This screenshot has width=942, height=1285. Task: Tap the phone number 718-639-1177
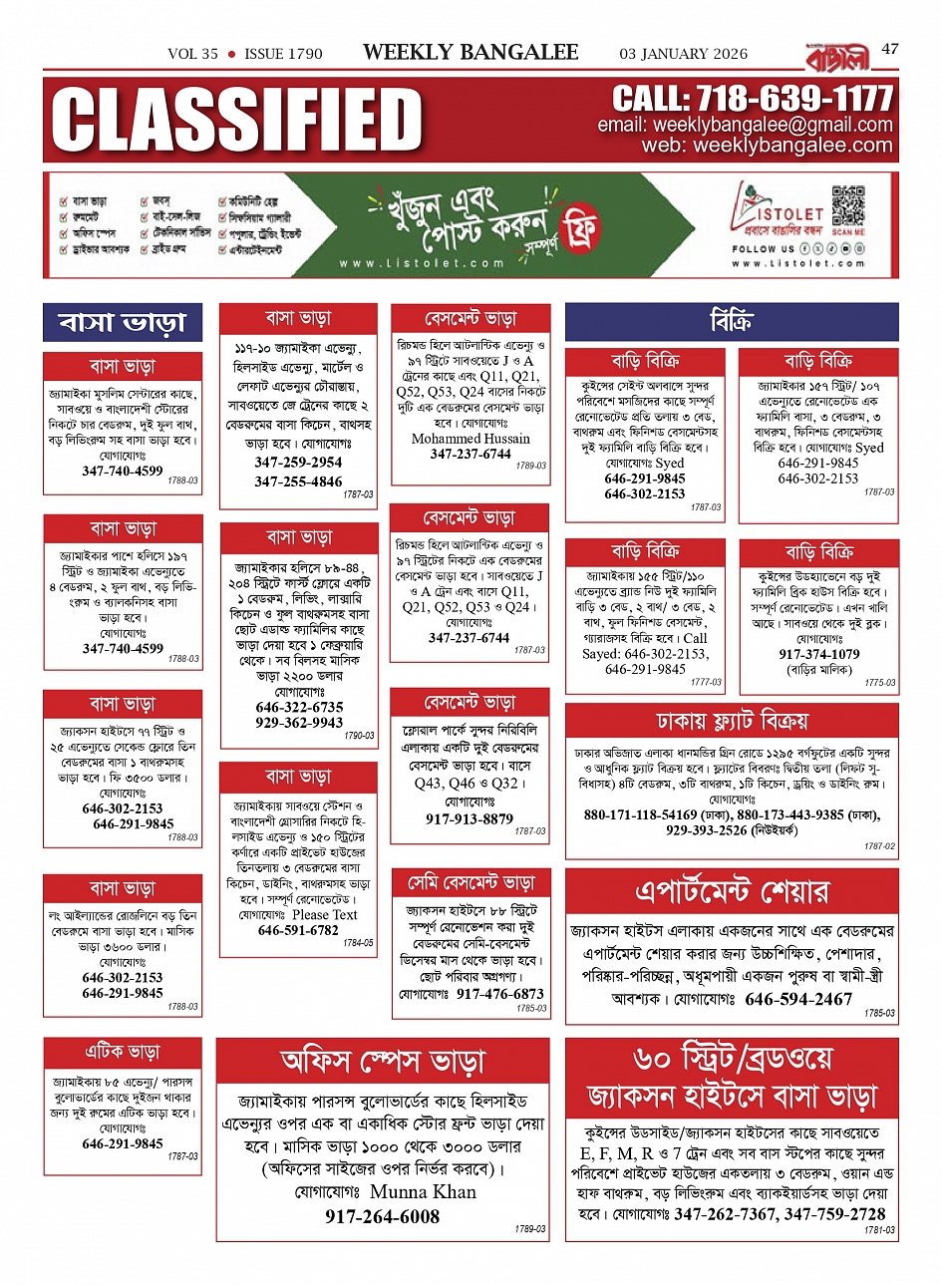click(753, 99)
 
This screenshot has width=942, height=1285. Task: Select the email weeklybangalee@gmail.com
click(773, 125)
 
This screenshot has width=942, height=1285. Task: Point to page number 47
click(890, 48)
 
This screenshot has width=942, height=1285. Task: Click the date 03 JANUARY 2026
click(684, 54)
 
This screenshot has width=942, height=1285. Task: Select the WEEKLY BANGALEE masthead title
click(471, 52)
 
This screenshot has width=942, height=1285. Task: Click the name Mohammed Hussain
click(471, 439)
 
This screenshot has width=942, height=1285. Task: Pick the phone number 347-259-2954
click(298, 463)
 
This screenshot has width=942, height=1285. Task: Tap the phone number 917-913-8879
click(470, 819)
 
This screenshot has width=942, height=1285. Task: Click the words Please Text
click(324, 914)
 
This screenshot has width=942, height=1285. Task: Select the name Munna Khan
click(423, 1191)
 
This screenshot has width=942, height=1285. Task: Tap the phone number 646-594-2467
click(798, 999)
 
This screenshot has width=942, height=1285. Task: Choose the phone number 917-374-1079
click(818, 654)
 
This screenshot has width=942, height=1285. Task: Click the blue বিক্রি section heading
click(731, 322)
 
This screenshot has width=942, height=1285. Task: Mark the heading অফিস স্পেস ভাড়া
click(383, 1062)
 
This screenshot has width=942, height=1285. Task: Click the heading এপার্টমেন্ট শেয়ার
click(731, 889)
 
